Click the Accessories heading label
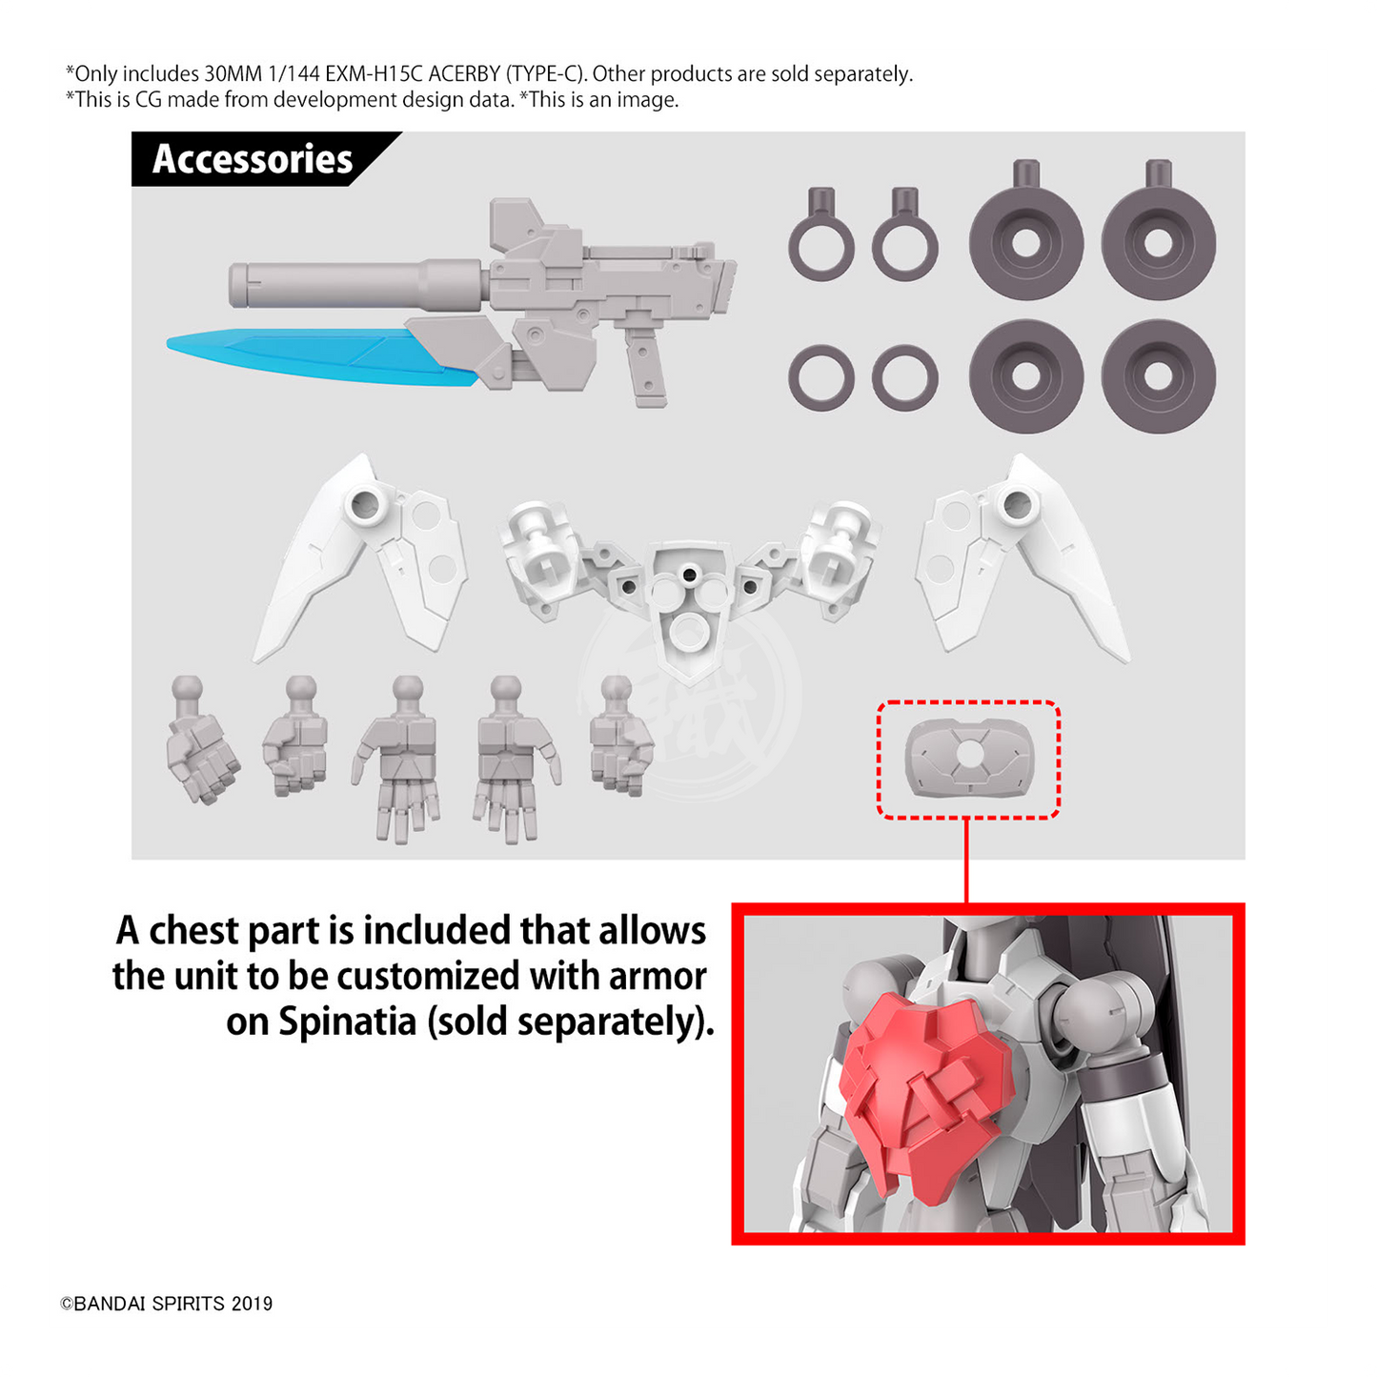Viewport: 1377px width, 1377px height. [252, 158]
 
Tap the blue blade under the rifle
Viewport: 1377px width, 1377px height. [321, 355]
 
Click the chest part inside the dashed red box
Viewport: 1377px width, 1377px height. [969, 759]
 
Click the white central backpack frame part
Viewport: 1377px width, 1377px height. [690, 587]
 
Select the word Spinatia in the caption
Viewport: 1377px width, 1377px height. [347, 1022]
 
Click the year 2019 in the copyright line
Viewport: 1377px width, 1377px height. [253, 1305]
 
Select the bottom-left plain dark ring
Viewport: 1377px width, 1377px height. [821, 378]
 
